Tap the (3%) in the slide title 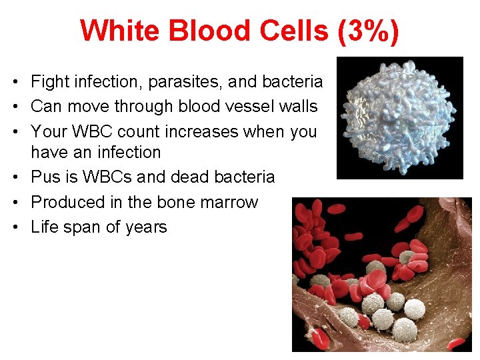tap(369, 31)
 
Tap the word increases tap(195, 131)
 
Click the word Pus tap(45, 177)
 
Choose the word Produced tap(65, 202)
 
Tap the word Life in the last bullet tap(45, 227)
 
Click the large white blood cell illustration tap(399, 117)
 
